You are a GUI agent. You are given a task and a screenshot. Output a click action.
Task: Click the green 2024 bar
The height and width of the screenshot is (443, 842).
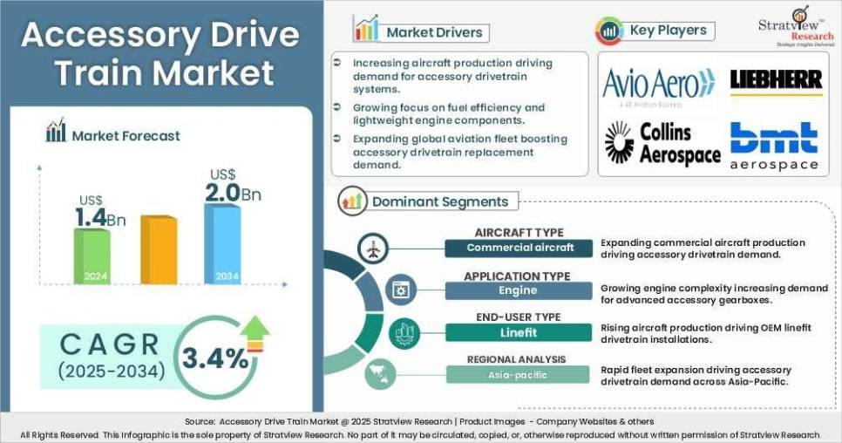91,255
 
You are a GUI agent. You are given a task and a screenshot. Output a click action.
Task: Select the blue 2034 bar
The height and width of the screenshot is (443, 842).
221,244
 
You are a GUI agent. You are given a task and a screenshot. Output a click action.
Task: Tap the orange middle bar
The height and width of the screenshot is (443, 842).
158,249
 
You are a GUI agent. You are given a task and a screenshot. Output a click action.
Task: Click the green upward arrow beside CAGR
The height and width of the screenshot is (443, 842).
255,333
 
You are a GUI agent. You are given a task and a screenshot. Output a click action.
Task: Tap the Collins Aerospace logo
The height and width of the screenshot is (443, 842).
663,143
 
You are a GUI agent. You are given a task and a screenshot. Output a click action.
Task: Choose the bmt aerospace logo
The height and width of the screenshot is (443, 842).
774,146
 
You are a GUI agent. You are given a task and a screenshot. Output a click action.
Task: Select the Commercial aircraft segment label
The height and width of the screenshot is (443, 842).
519,248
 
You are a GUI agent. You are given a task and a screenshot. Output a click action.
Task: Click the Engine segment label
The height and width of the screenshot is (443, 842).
518,290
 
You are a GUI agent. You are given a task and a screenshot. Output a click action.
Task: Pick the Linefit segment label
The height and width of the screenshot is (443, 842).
518,332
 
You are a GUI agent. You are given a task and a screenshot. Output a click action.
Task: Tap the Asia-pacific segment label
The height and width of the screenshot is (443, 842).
519,374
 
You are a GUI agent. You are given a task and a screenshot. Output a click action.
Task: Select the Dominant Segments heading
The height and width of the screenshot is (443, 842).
439,201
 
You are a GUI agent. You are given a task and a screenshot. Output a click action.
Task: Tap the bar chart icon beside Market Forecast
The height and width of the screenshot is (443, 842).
56,133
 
